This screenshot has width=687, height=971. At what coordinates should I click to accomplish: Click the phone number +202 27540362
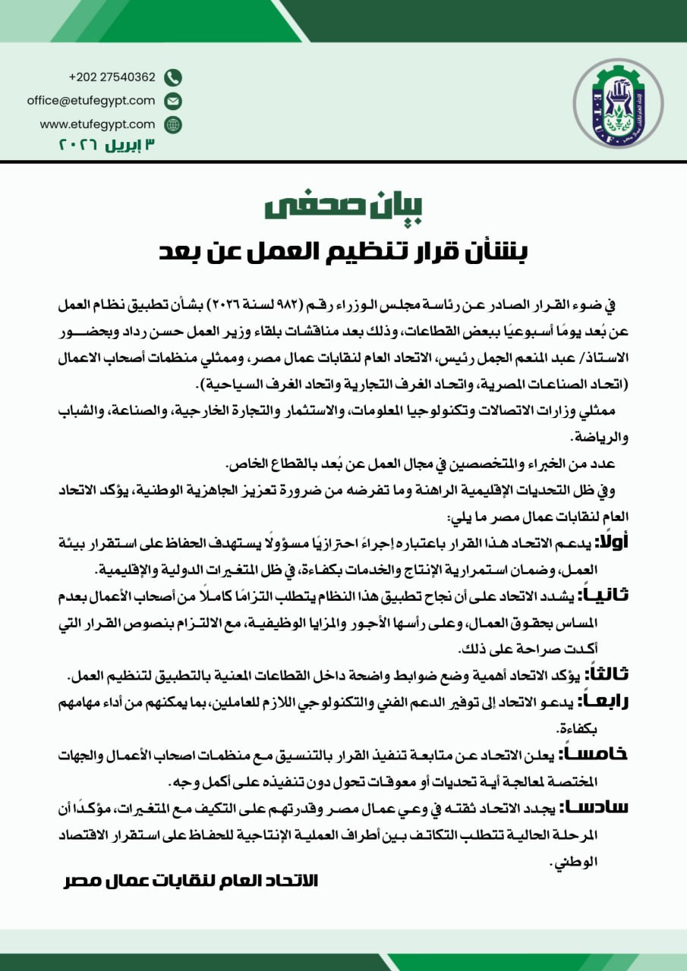tap(112, 77)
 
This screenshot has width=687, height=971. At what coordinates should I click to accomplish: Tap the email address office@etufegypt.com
tap(91, 100)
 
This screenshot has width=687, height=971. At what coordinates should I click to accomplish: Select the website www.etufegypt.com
tap(97, 124)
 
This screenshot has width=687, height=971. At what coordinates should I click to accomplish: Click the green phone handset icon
tap(173, 77)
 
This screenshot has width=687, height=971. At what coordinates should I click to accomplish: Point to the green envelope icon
tap(173, 101)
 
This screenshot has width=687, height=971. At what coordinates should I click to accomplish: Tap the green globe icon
tap(173, 124)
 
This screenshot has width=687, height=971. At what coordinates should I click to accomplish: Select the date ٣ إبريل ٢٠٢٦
tap(106, 144)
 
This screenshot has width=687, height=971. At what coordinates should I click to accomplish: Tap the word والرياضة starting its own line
tap(607, 438)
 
